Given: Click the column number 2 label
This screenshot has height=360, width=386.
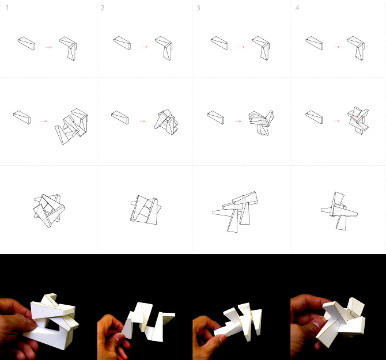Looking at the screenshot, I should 103,8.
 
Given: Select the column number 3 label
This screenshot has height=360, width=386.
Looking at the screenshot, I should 199,8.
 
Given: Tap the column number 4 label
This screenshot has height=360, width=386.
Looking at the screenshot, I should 297,8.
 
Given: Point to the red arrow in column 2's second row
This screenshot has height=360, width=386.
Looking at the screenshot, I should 141,122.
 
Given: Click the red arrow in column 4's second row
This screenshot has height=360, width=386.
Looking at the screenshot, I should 335,122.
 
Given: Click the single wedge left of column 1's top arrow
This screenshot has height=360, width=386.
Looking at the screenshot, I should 27,43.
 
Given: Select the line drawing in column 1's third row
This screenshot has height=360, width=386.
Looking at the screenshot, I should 49,209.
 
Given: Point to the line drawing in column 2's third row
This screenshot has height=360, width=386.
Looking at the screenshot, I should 145,210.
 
